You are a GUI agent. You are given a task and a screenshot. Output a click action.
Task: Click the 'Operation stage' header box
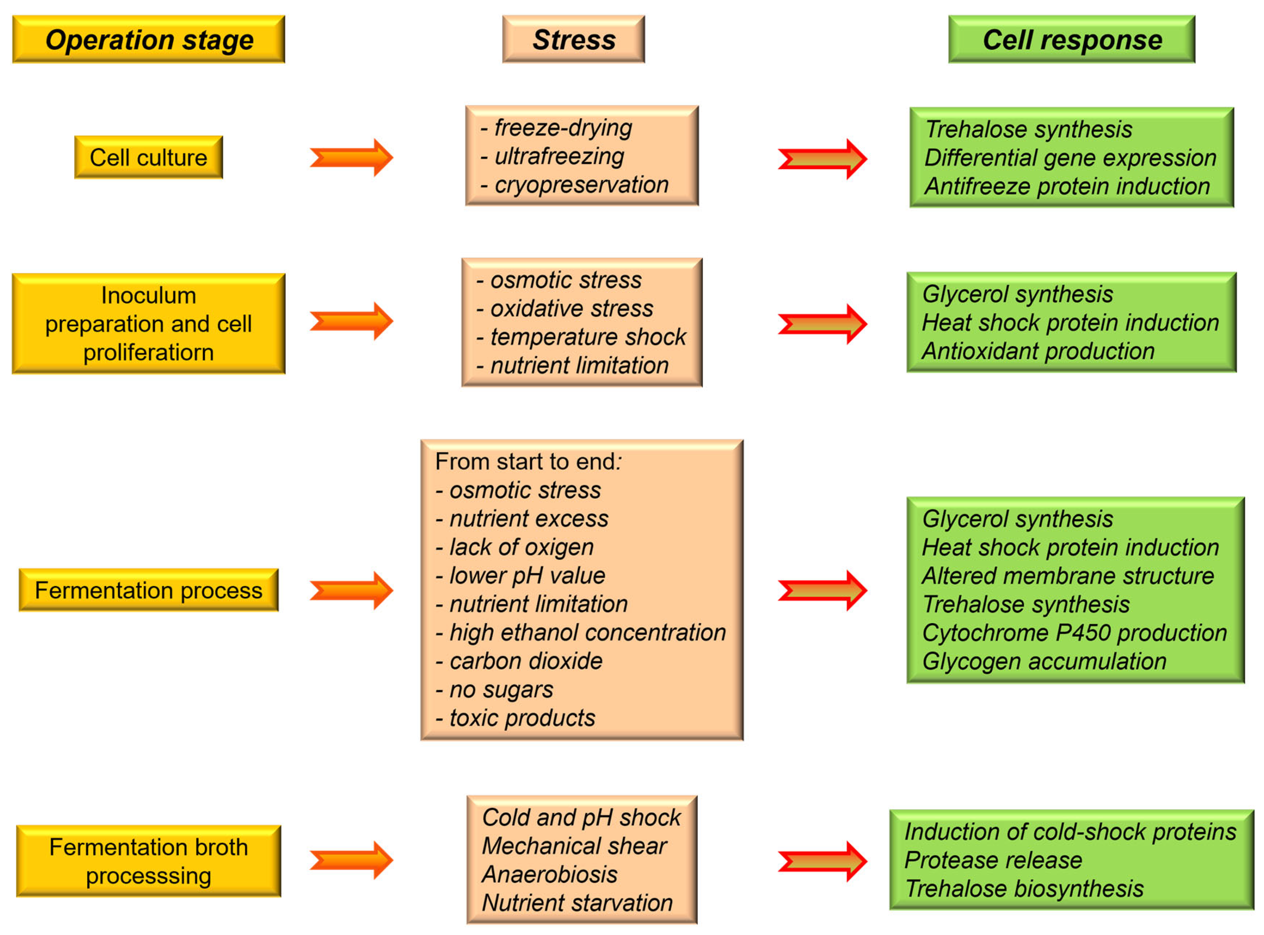148,39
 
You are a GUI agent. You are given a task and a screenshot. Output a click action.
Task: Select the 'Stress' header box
573,39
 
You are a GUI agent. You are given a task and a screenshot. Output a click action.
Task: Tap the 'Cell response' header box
1072,39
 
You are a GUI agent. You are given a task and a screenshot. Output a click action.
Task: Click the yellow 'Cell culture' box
148,158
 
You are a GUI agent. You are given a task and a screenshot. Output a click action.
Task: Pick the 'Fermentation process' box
148,590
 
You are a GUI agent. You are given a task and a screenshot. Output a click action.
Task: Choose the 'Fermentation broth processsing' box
148,861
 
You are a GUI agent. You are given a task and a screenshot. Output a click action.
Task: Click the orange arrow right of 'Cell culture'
351,158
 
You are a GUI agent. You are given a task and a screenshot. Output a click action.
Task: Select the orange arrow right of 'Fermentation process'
351,590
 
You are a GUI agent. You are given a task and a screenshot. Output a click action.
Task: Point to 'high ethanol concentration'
587,632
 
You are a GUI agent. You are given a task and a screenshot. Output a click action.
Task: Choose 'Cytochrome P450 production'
1074,632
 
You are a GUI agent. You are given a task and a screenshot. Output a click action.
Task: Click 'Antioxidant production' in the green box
1038,351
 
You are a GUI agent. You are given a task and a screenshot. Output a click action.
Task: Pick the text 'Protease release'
993,860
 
